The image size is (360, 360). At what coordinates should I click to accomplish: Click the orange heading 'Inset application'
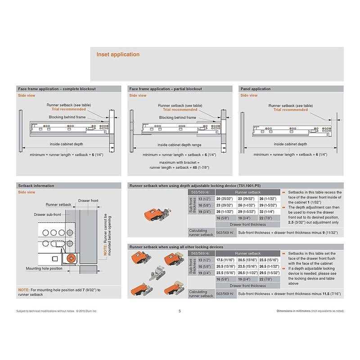pos(118,54)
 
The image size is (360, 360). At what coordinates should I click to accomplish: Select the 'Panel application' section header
pos(255,89)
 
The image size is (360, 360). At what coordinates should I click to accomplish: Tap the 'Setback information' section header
pos(36,185)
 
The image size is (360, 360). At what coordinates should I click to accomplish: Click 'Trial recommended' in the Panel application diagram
pos(290,110)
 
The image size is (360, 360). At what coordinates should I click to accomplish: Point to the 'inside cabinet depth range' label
pos(179,145)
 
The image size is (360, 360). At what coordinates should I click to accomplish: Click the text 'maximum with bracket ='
pos(179,162)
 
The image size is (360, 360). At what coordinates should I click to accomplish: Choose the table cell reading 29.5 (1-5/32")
pos(269,273)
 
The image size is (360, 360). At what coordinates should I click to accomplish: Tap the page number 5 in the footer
pos(180,311)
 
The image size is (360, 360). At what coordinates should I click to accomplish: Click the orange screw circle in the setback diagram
pos(71,258)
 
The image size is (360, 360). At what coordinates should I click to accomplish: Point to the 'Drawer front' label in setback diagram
pos(88,201)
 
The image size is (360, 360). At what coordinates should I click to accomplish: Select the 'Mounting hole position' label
pos(44,268)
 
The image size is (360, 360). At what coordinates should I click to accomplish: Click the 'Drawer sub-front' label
pos(48,215)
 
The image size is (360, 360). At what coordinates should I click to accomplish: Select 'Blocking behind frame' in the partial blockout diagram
pos(177,117)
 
